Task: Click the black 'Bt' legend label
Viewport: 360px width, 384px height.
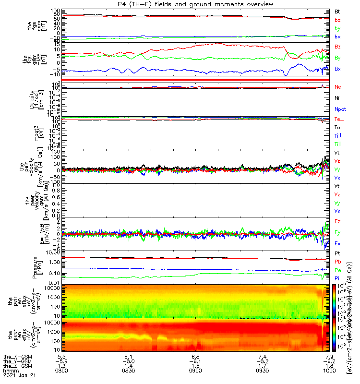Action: (337, 11)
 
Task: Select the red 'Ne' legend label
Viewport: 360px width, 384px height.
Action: (338, 87)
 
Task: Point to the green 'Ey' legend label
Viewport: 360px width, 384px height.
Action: (338, 233)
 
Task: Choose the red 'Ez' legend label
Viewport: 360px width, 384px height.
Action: (338, 221)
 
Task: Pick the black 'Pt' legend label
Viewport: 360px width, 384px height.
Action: (337, 253)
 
